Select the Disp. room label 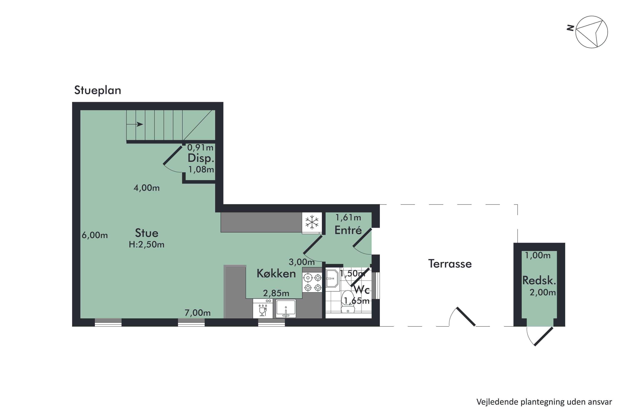[201, 158]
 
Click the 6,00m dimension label [95, 235]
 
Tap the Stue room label [146, 233]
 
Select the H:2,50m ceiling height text [146, 244]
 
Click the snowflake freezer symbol [312, 222]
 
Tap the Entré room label [348, 230]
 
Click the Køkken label [276, 273]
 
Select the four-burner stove [312, 283]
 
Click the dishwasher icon [262, 309]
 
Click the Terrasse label [450, 264]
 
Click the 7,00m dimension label [197, 313]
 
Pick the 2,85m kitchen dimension [276, 293]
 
